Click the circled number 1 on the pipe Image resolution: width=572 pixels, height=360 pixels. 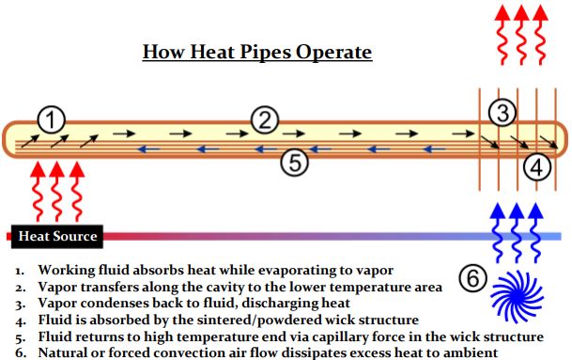click(x=52, y=118)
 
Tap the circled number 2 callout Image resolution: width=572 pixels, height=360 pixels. click(x=266, y=118)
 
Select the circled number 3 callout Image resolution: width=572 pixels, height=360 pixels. click(x=504, y=113)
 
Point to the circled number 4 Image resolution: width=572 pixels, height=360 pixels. click(x=536, y=167)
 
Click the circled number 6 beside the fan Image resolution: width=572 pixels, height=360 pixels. click(x=473, y=279)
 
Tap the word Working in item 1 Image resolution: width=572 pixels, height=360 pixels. click(x=67, y=271)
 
